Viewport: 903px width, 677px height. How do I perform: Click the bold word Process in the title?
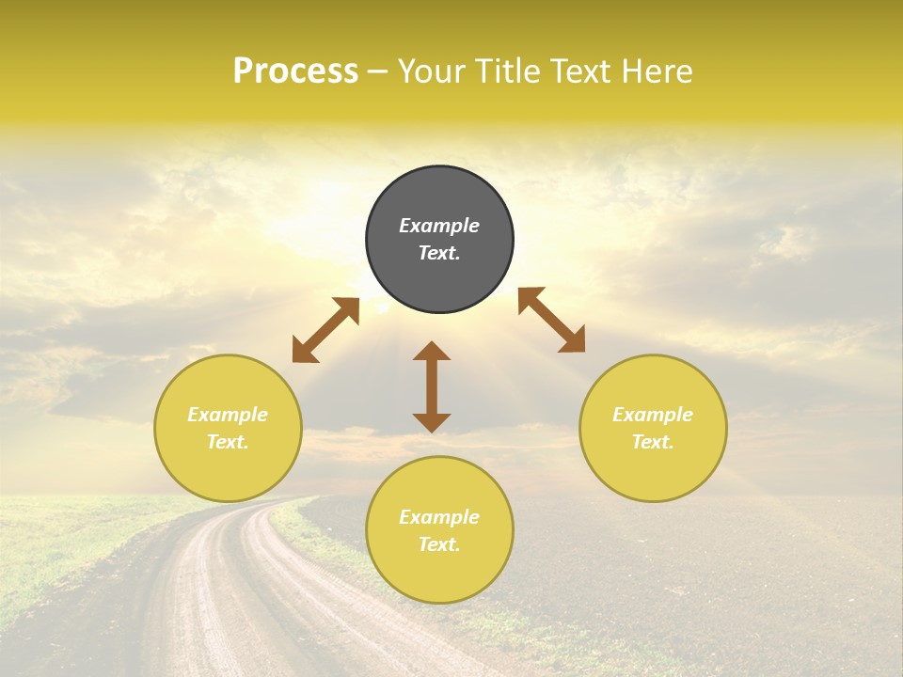pyautogui.click(x=295, y=71)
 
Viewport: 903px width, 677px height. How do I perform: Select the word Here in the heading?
pyautogui.click(x=655, y=71)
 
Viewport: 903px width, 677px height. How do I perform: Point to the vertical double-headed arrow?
pyautogui.click(x=432, y=386)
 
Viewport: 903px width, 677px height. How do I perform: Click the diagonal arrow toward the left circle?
pyautogui.click(x=325, y=330)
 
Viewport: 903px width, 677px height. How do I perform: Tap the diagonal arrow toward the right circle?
pyautogui.click(x=551, y=320)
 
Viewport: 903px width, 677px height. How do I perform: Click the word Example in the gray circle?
pyautogui.click(x=439, y=226)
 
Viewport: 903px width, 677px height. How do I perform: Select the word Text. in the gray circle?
pyautogui.click(x=439, y=253)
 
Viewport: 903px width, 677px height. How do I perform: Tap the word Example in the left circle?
pyautogui.click(x=228, y=415)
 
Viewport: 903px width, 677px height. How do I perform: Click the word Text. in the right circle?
pyautogui.click(x=653, y=442)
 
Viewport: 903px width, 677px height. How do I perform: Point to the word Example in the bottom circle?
pyautogui.click(x=439, y=517)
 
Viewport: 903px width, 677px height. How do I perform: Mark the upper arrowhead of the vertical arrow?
pyautogui.click(x=432, y=351)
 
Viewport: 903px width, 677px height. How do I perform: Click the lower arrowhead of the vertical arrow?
pyautogui.click(x=432, y=422)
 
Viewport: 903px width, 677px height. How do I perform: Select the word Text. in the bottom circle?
pyautogui.click(x=439, y=544)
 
